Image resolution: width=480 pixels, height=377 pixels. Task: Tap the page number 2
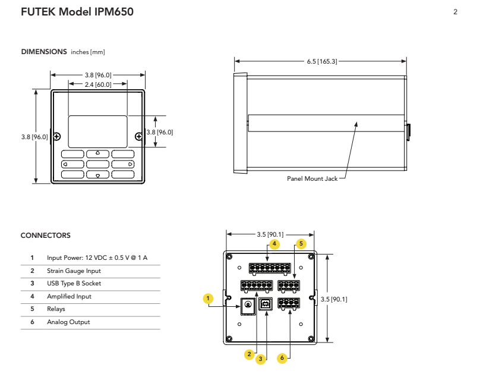point(455,12)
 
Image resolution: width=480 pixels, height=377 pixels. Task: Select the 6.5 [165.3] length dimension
point(321,61)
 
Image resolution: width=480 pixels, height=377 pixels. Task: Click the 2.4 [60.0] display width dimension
point(97,86)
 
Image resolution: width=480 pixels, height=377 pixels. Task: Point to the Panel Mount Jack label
point(311,178)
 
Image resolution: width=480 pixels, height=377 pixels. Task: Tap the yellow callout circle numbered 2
point(250,354)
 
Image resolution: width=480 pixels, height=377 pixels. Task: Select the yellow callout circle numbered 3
point(260,359)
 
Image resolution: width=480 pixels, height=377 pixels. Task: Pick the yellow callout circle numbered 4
point(274,244)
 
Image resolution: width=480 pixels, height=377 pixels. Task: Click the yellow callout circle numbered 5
point(301,244)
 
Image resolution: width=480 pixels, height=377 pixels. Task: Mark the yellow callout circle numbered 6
point(283,358)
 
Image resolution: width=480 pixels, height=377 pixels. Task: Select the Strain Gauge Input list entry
point(69,271)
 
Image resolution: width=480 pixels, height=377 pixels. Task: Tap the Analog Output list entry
point(68,322)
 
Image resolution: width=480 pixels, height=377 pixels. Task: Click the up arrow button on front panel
point(97,153)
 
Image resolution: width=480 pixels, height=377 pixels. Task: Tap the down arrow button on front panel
point(97,175)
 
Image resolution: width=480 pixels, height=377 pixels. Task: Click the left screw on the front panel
point(56,136)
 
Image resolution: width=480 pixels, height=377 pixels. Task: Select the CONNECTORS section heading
point(46,236)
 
